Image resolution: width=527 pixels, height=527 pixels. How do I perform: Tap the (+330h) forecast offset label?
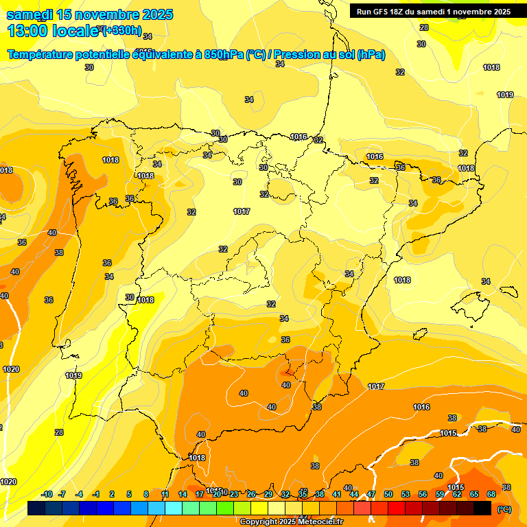pyautogui.click(x=122, y=30)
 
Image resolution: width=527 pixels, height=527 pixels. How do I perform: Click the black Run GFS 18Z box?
pyautogui.click(x=433, y=11)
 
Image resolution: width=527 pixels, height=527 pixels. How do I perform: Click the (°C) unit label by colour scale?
pyautogui.click(x=504, y=509)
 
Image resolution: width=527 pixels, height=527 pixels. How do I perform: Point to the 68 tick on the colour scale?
pyautogui.click(x=491, y=494)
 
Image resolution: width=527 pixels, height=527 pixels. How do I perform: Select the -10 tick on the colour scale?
pyautogui.click(x=47, y=494)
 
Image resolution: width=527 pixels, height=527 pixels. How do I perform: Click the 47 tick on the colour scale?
pyautogui.click(x=371, y=494)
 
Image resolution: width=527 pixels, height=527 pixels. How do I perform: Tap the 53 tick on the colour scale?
pyautogui.click(x=406, y=494)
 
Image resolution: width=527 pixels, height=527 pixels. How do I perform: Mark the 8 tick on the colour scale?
pyautogui.click(x=146, y=494)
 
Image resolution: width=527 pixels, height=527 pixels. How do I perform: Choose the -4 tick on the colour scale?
pyautogui.click(x=80, y=494)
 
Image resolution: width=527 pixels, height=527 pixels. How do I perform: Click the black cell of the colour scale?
pyautogui.click(x=482, y=508)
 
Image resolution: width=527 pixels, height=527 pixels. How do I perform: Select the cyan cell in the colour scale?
pyautogui.click(x=174, y=508)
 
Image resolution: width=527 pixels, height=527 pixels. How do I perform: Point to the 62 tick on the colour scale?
pyautogui.click(x=457, y=494)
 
